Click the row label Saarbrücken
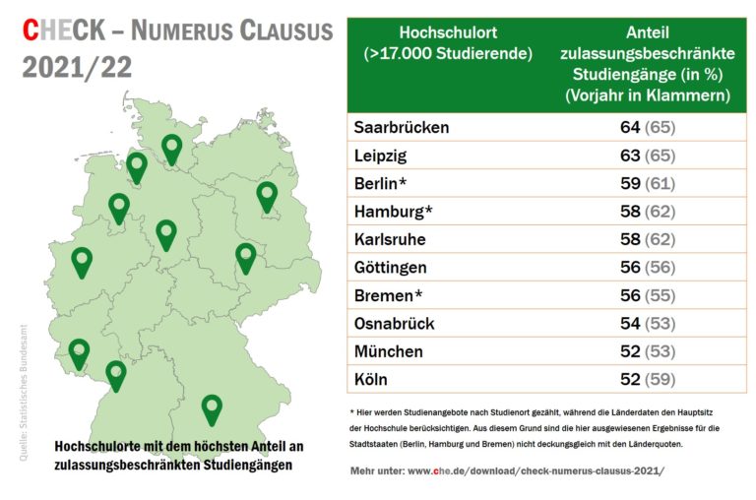click(401, 127)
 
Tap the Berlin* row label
click(380, 183)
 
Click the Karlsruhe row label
click(391, 239)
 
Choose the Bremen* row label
click(387, 295)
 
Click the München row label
click(388, 351)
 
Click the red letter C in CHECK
click(31, 31)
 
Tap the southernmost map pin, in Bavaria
click(212, 407)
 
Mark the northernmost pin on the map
click(172, 149)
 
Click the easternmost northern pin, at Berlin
click(267, 196)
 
